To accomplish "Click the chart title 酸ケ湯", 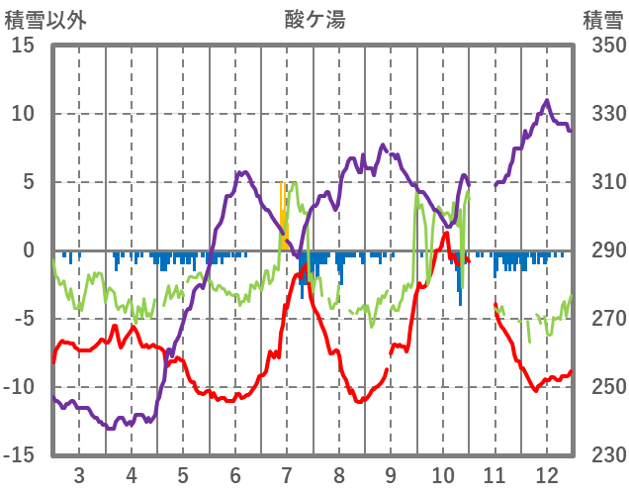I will point(314,19).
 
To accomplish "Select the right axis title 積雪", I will point(601,19).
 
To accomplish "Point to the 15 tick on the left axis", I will point(25,46).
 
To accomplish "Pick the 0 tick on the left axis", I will point(30,250).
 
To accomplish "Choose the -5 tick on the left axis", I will point(25,319).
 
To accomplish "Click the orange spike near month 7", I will point(283,213).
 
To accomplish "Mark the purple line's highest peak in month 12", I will point(546,101).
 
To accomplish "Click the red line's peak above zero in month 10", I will point(446,234).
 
